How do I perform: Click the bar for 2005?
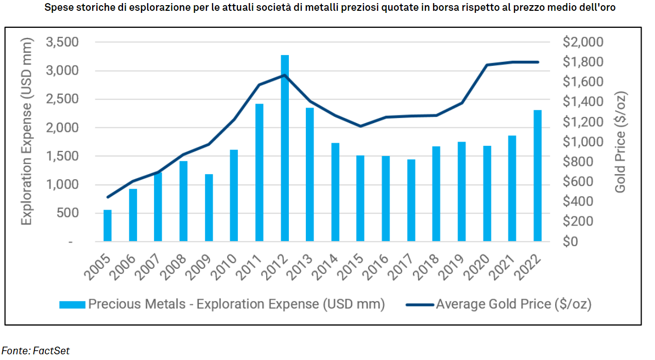[x=108, y=226]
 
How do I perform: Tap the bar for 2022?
[x=538, y=176]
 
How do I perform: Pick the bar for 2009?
[x=209, y=208]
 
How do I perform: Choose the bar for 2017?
[x=411, y=200]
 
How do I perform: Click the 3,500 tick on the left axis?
[x=61, y=42]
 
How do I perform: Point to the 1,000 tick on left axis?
[x=61, y=185]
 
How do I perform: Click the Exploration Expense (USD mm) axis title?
[x=26, y=133]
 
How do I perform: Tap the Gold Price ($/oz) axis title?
[x=620, y=142]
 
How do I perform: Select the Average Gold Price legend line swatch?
[x=419, y=304]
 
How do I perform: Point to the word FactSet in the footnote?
[x=51, y=351]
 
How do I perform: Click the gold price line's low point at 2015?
[x=360, y=126]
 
